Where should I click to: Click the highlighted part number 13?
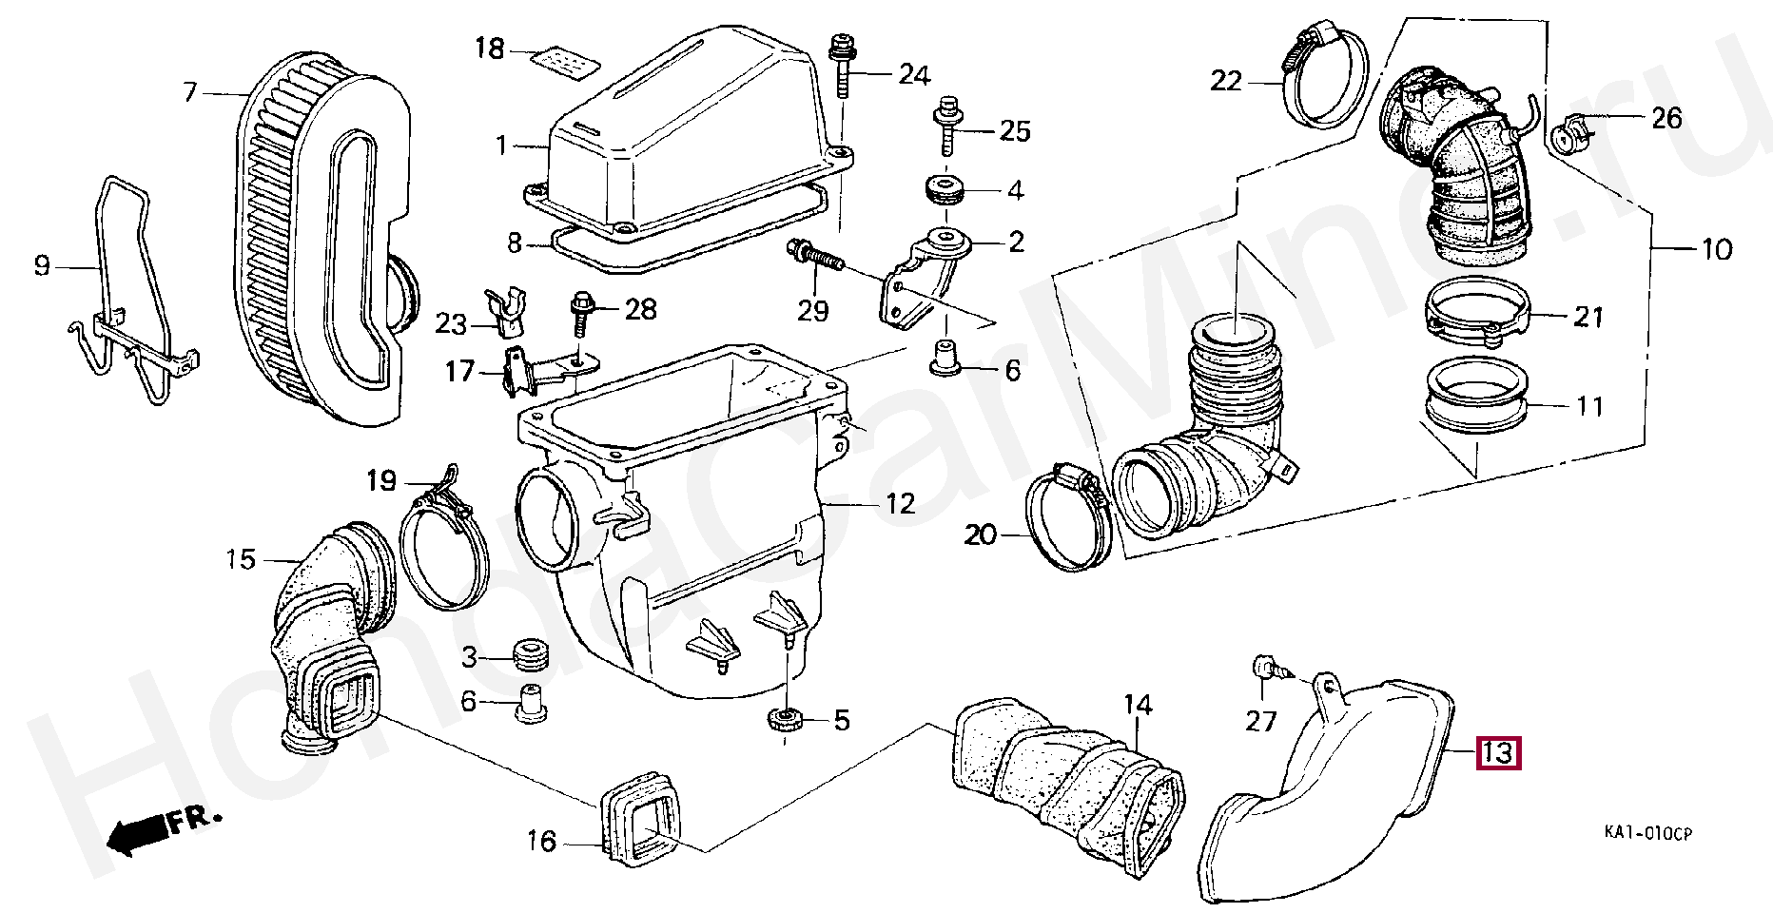point(1497,754)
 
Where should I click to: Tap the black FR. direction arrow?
point(133,832)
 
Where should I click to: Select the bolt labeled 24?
point(842,66)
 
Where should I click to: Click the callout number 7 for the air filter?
point(189,92)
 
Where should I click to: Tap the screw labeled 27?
point(1267,670)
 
